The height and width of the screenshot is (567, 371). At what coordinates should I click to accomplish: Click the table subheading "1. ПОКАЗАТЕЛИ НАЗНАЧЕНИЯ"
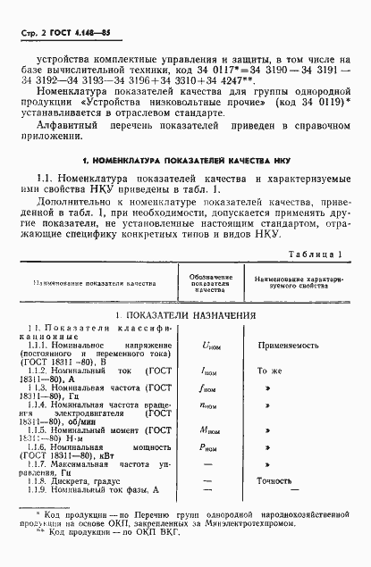pos(186,315)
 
